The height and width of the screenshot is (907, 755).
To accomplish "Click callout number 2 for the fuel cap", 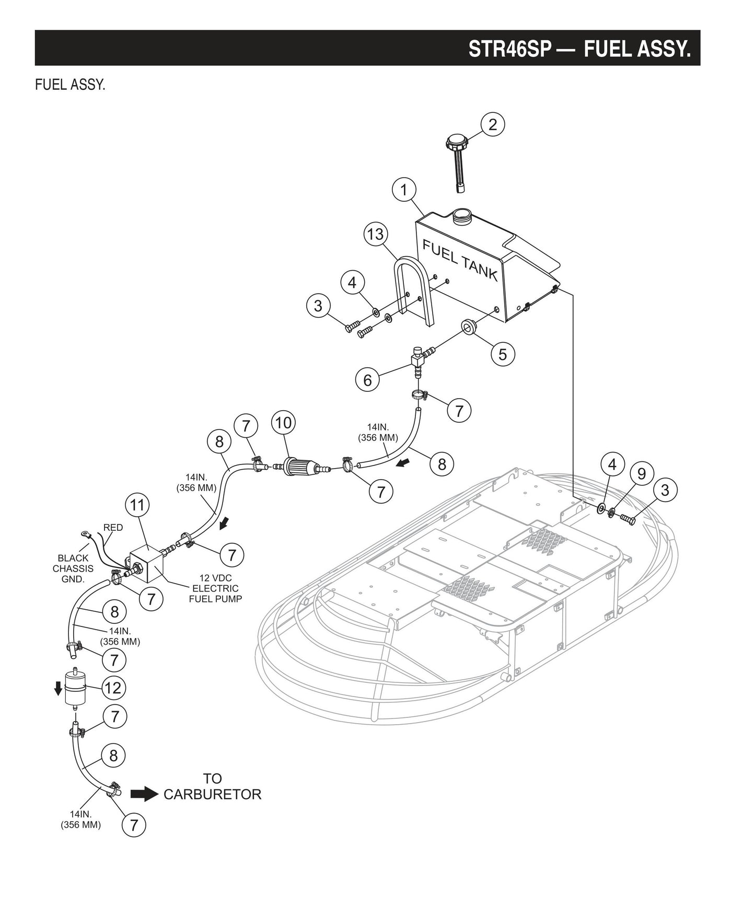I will [x=493, y=124].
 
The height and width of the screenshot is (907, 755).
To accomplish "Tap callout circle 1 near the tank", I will [x=404, y=190].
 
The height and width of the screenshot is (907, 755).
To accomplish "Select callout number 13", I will [x=375, y=234].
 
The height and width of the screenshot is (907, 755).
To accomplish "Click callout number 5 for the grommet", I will [x=503, y=354].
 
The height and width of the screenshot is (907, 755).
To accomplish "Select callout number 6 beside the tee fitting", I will [x=367, y=380].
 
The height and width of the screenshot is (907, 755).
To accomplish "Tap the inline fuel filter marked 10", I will [x=298, y=466].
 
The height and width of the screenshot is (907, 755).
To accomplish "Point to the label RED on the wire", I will [x=113, y=528].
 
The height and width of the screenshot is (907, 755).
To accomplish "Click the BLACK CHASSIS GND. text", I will [x=73, y=568].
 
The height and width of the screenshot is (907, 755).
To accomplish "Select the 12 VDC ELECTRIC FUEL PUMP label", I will [x=215, y=588].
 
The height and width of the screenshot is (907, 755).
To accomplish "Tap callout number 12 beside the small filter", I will [x=113, y=688].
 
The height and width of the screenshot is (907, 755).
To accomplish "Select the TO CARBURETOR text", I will [x=212, y=787].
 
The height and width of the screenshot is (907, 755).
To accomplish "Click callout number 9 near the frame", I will [x=642, y=474].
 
